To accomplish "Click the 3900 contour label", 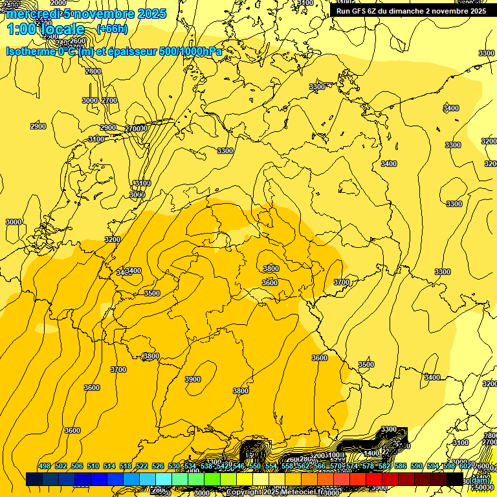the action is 193,379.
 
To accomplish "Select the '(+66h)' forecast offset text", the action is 112,29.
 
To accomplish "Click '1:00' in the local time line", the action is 22,29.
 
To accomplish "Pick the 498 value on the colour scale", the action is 45,466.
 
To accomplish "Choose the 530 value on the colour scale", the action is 174,466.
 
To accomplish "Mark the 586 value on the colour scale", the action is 401,466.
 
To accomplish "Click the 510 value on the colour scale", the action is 93,466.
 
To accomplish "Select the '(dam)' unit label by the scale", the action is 479,480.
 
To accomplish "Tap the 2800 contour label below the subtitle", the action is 93,71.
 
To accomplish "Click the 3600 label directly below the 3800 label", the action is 270,283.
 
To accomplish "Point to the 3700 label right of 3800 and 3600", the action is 342,282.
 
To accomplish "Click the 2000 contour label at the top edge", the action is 58,3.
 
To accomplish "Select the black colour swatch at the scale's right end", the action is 455,479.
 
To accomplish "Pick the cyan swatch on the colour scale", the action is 164,479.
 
